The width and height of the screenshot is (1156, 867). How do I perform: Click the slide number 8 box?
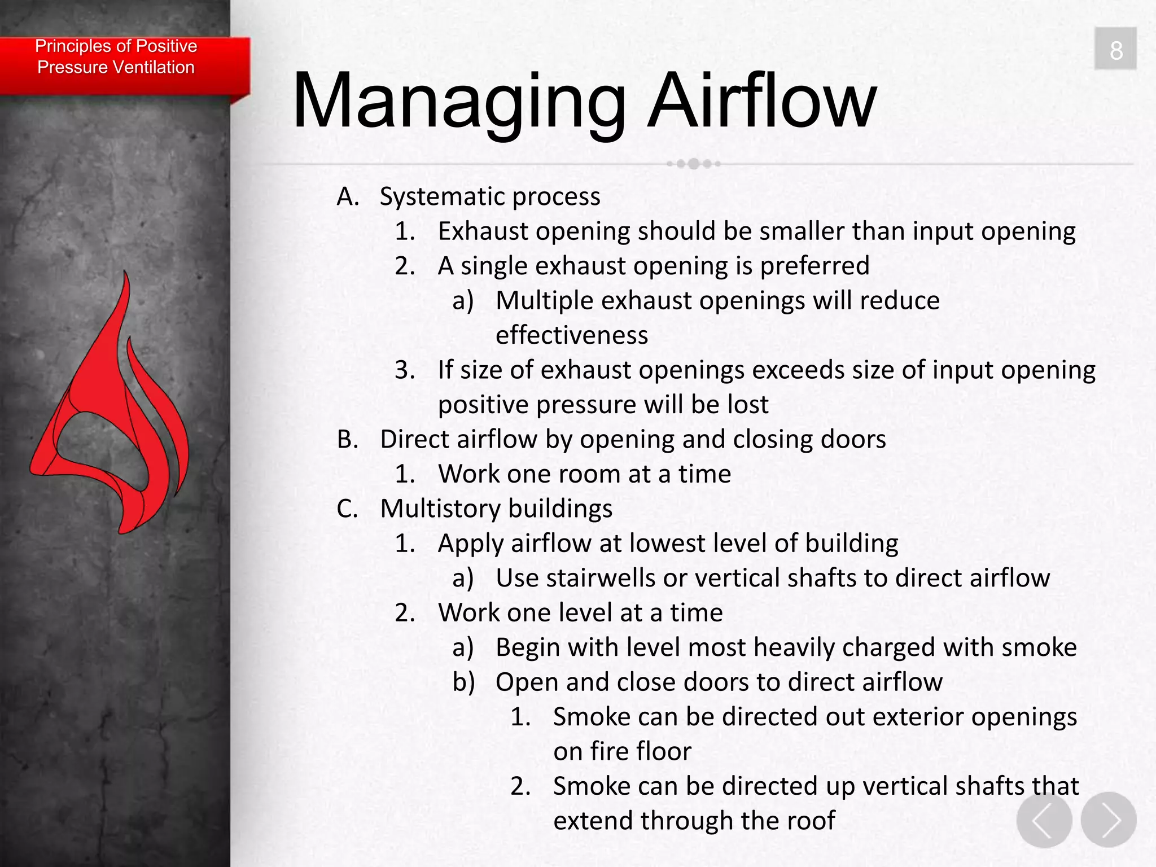click(1115, 49)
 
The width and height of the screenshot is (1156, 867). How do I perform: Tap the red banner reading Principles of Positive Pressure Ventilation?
click(116, 57)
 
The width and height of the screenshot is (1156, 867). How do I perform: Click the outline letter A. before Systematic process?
click(348, 197)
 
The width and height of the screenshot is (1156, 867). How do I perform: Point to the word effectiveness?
click(571, 335)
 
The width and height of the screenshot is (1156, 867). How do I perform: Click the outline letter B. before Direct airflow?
click(348, 440)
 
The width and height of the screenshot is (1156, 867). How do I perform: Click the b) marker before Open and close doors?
click(463, 682)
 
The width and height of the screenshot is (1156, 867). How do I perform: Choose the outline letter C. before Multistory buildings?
click(348, 509)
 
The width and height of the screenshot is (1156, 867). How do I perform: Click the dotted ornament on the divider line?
click(693, 164)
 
